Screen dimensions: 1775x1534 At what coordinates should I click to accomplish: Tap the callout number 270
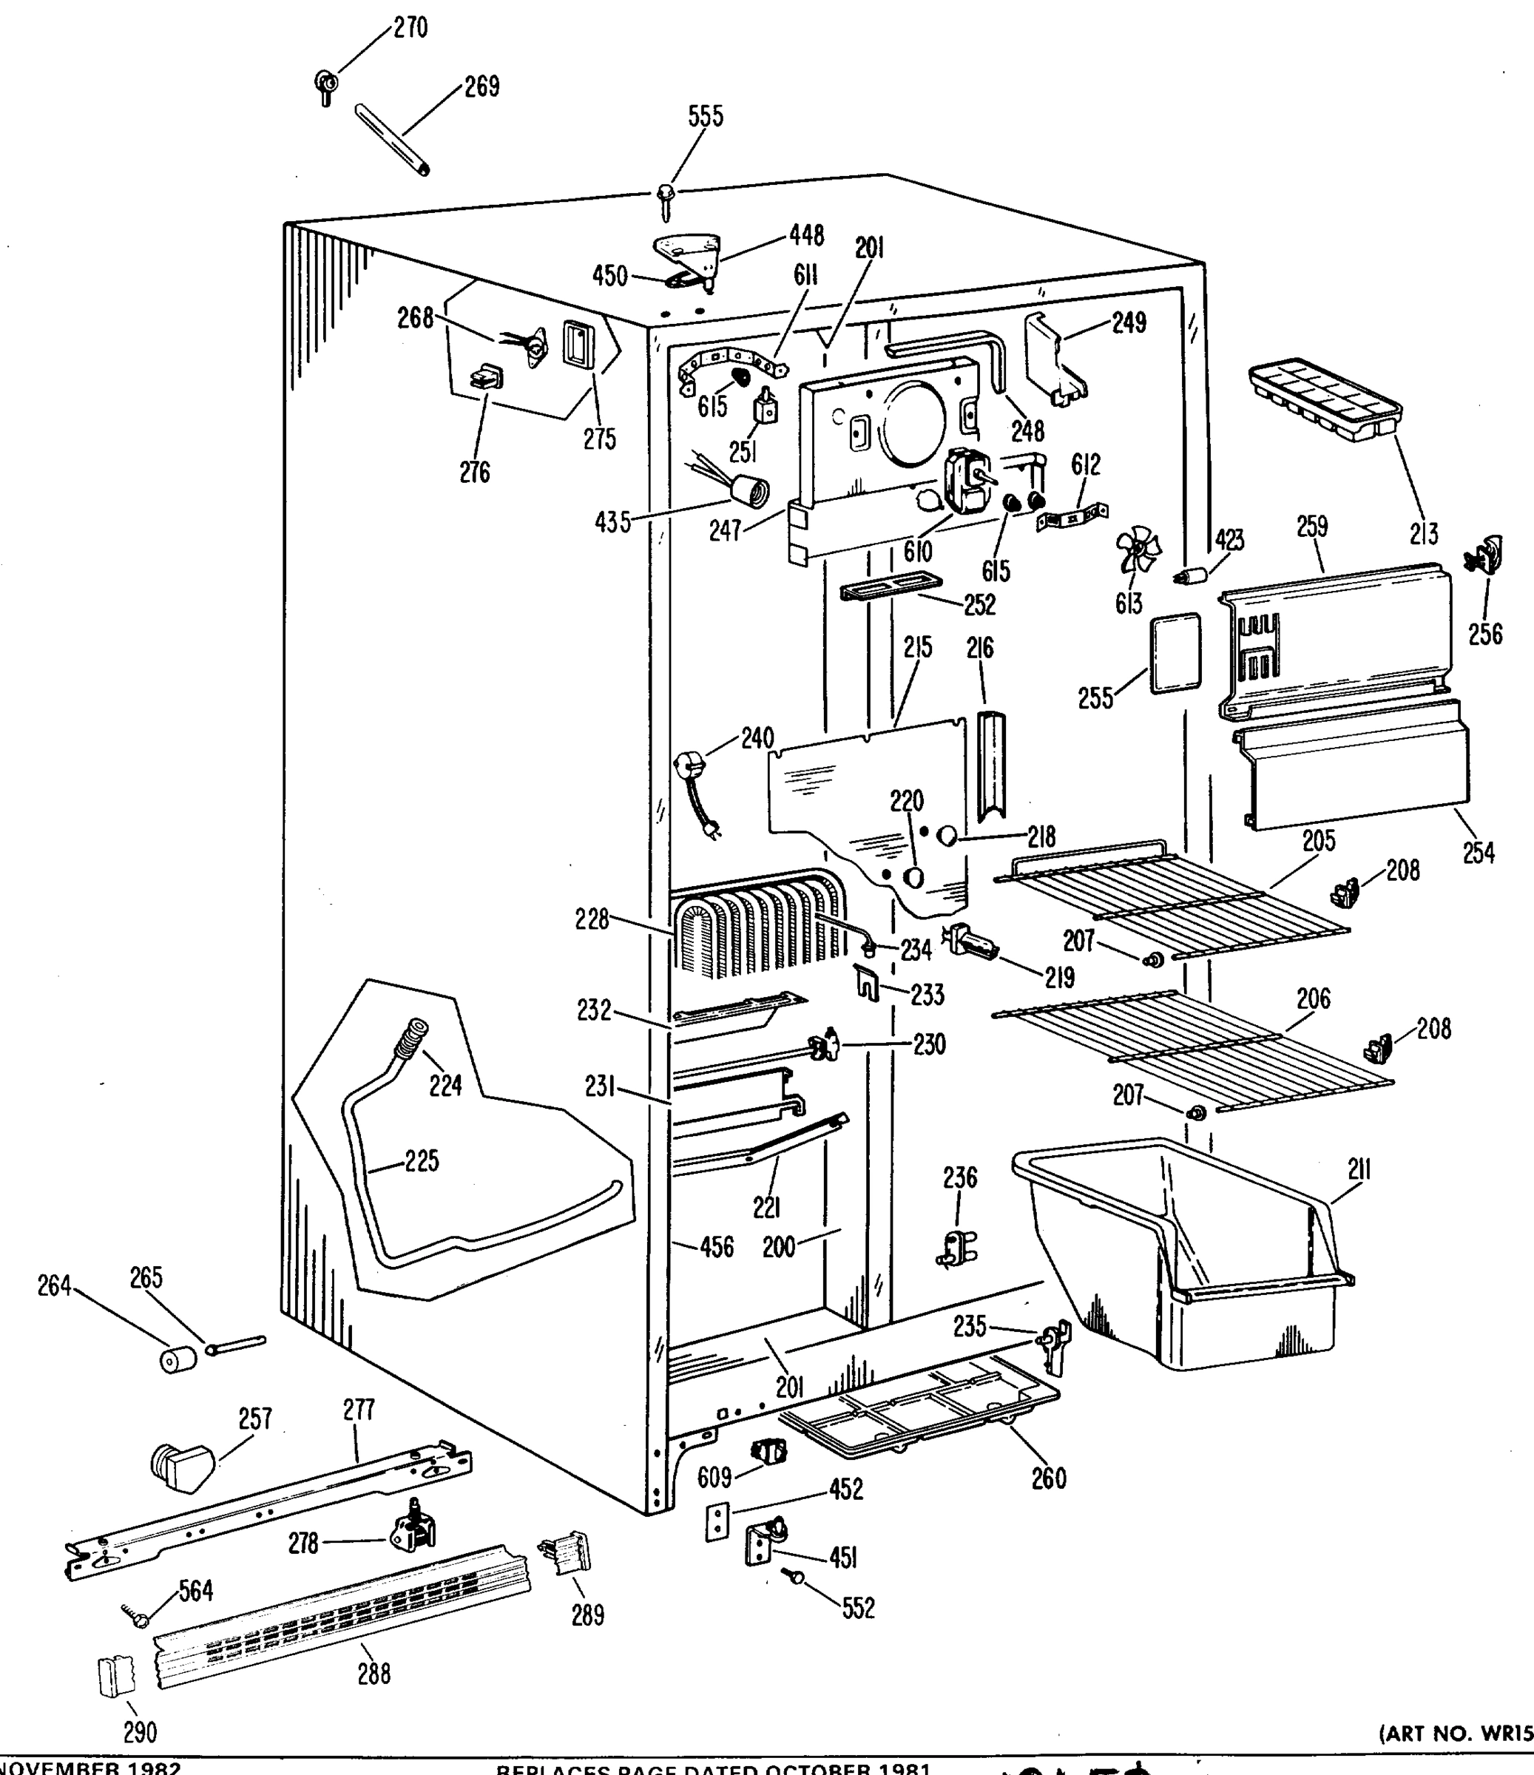coord(410,28)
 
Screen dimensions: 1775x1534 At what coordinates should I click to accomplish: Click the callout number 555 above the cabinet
coord(706,117)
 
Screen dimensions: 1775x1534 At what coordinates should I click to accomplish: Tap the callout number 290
coord(140,1732)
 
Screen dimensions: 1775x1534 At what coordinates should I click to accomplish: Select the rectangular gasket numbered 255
coord(1175,653)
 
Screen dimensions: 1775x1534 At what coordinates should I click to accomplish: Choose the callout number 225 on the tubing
coord(422,1162)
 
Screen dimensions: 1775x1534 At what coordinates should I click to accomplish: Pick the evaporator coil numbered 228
coord(754,930)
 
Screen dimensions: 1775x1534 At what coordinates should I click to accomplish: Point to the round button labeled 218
coord(947,836)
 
